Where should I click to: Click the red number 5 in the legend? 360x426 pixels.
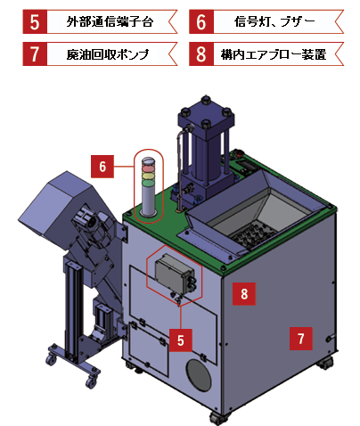click(35, 21)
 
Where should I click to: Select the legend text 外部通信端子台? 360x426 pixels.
click(110, 21)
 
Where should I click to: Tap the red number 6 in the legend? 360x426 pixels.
click(201, 21)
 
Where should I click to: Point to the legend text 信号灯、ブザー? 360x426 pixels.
click(274, 21)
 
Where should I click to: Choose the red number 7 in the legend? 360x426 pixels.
click(35, 53)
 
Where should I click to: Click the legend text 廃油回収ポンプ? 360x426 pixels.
click(108, 54)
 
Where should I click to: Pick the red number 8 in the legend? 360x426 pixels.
click(201, 53)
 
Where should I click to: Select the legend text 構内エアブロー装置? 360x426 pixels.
click(274, 54)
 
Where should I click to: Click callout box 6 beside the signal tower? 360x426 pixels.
click(102, 167)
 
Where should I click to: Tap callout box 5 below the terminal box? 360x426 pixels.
click(181, 340)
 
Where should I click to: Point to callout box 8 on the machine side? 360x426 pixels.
click(244, 294)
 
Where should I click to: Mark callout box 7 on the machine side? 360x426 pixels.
click(301, 339)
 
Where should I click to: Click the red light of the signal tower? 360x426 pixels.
click(149, 168)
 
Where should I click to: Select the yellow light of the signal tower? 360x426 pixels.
click(149, 176)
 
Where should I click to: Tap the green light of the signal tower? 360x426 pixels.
click(149, 183)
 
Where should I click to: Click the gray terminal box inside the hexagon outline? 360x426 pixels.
click(175, 273)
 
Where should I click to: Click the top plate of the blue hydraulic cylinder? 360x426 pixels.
click(206, 115)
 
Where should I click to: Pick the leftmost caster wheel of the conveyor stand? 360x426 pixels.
click(51, 359)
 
